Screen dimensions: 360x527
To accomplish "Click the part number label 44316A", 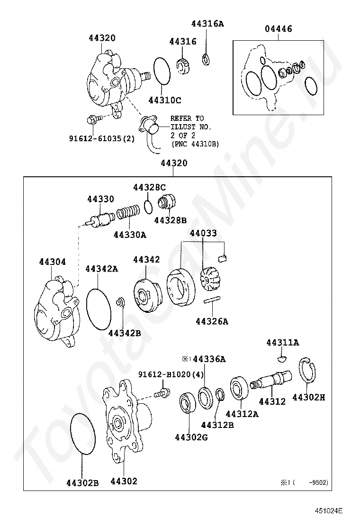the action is (207, 23).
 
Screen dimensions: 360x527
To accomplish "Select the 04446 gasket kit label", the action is (278, 29).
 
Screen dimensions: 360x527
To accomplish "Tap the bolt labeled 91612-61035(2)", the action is (92, 120).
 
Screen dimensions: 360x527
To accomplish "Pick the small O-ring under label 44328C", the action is (148, 206).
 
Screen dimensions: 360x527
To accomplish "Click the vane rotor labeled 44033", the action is (207, 279).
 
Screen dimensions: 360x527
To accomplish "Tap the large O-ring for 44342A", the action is (99, 309).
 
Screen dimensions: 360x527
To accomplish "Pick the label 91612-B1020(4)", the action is (171, 374).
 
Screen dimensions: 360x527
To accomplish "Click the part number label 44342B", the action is (125, 333).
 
